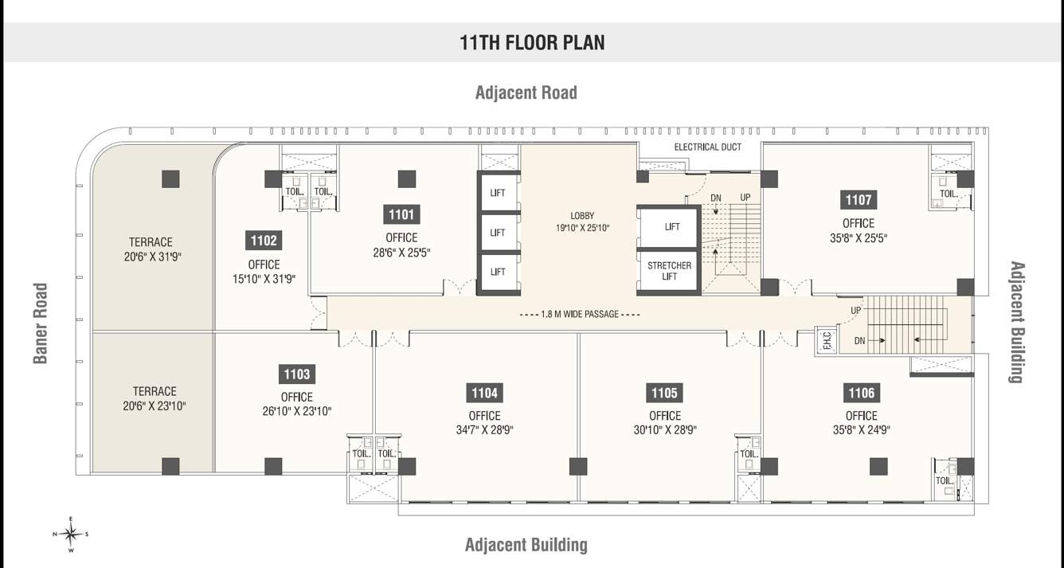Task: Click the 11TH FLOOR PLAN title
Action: pos(532,42)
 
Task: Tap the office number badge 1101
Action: pos(401,214)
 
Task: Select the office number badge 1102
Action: pos(264,241)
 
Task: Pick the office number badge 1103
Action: pos(297,374)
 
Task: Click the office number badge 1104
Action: pos(484,393)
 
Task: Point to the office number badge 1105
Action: pos(664,393)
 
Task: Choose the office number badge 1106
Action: pos(861,393)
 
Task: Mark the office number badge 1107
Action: pos(859,200)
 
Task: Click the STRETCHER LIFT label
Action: pos(669,271)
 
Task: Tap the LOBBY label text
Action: pos(582,216)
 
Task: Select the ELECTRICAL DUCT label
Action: pos(707,147)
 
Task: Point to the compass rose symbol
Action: pos(71,534)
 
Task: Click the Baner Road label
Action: pos(41,323)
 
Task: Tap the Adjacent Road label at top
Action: pos(526,92)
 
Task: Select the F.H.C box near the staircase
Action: pos(826,341)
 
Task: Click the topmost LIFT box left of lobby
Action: pos(498,193)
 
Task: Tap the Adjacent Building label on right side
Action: pos(1015,322)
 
